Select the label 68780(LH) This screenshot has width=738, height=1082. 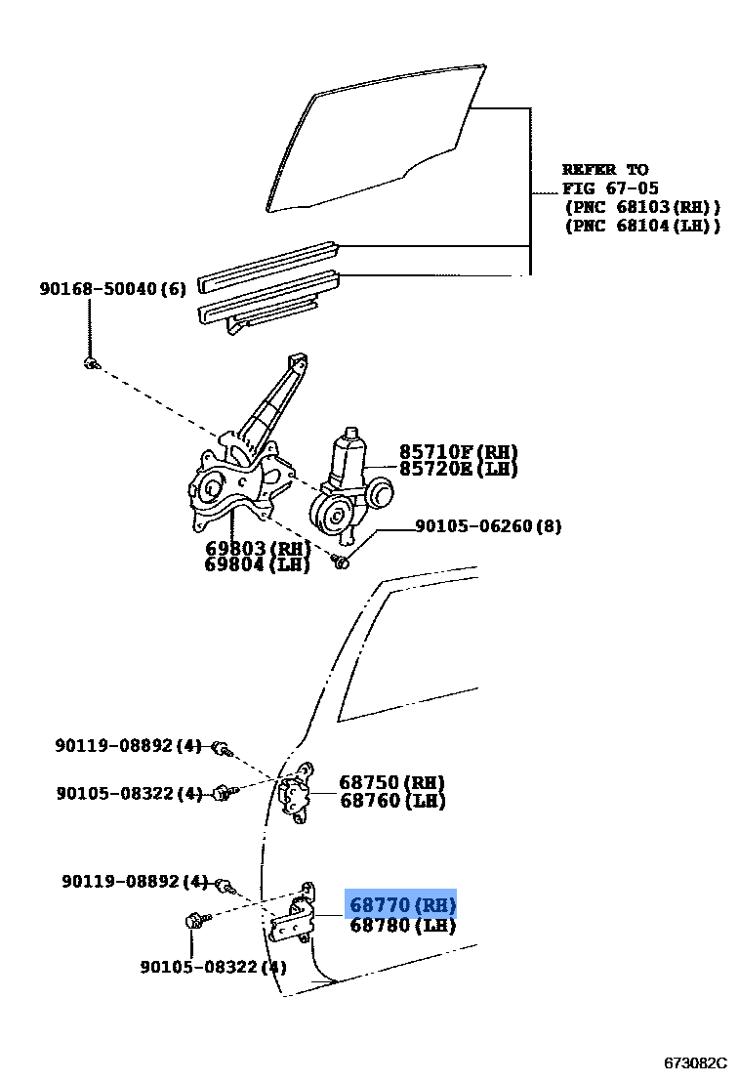(x=401, y=925)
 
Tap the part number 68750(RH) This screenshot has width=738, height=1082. (x=391, y=782)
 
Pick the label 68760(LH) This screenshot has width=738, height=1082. (x=391, y=802)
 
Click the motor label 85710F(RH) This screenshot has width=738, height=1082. (x=458, y=452)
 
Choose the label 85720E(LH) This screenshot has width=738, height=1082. (x=458, y=470)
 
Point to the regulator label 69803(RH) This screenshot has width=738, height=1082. (x=257, y=548)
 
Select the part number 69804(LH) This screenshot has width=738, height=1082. (x=257, y=564)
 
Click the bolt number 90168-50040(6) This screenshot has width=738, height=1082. (x=112, y=289)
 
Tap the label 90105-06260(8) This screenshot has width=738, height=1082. (x=488, y=526)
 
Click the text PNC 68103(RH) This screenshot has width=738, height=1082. (x=641, y=207)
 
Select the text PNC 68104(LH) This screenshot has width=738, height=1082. (x=641, y=226)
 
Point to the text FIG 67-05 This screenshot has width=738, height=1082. (x=610, y=188)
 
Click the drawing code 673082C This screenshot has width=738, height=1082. (x=696, y=1062)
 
